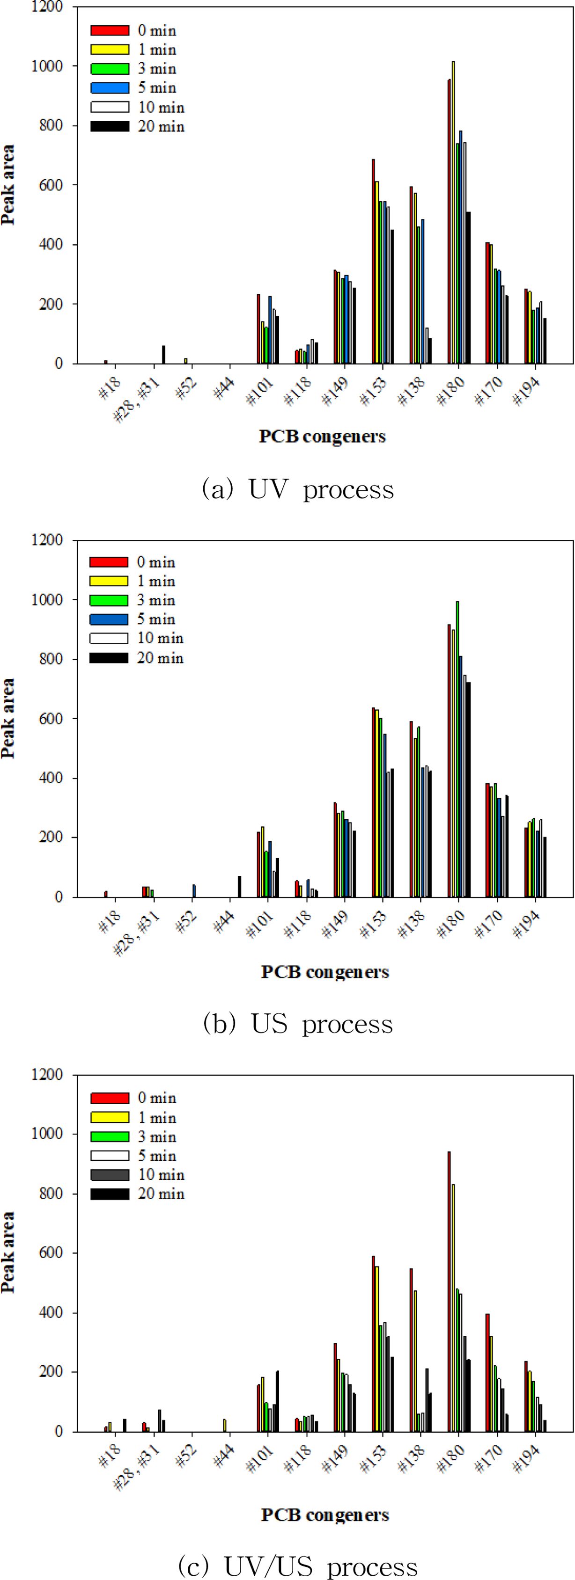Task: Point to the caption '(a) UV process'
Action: (298, 489)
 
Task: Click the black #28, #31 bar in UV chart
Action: (164, 355)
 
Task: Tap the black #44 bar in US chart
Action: (239, 886)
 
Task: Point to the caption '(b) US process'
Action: (298, 1024)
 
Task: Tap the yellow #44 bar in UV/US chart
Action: (225, 1425)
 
